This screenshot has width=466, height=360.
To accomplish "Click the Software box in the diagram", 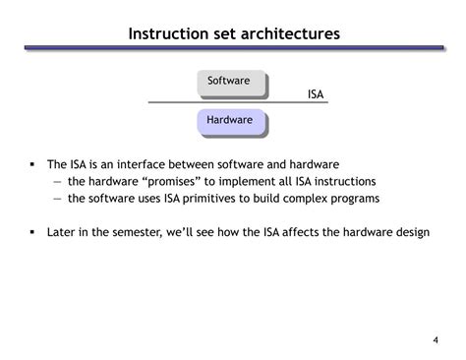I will [229, 81].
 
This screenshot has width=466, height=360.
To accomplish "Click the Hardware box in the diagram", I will [229, 120].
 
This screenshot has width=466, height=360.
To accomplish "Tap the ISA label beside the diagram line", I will [316, 94].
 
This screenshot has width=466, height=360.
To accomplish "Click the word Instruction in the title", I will [168, 34].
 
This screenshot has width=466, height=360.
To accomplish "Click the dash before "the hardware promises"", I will [57, 181].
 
